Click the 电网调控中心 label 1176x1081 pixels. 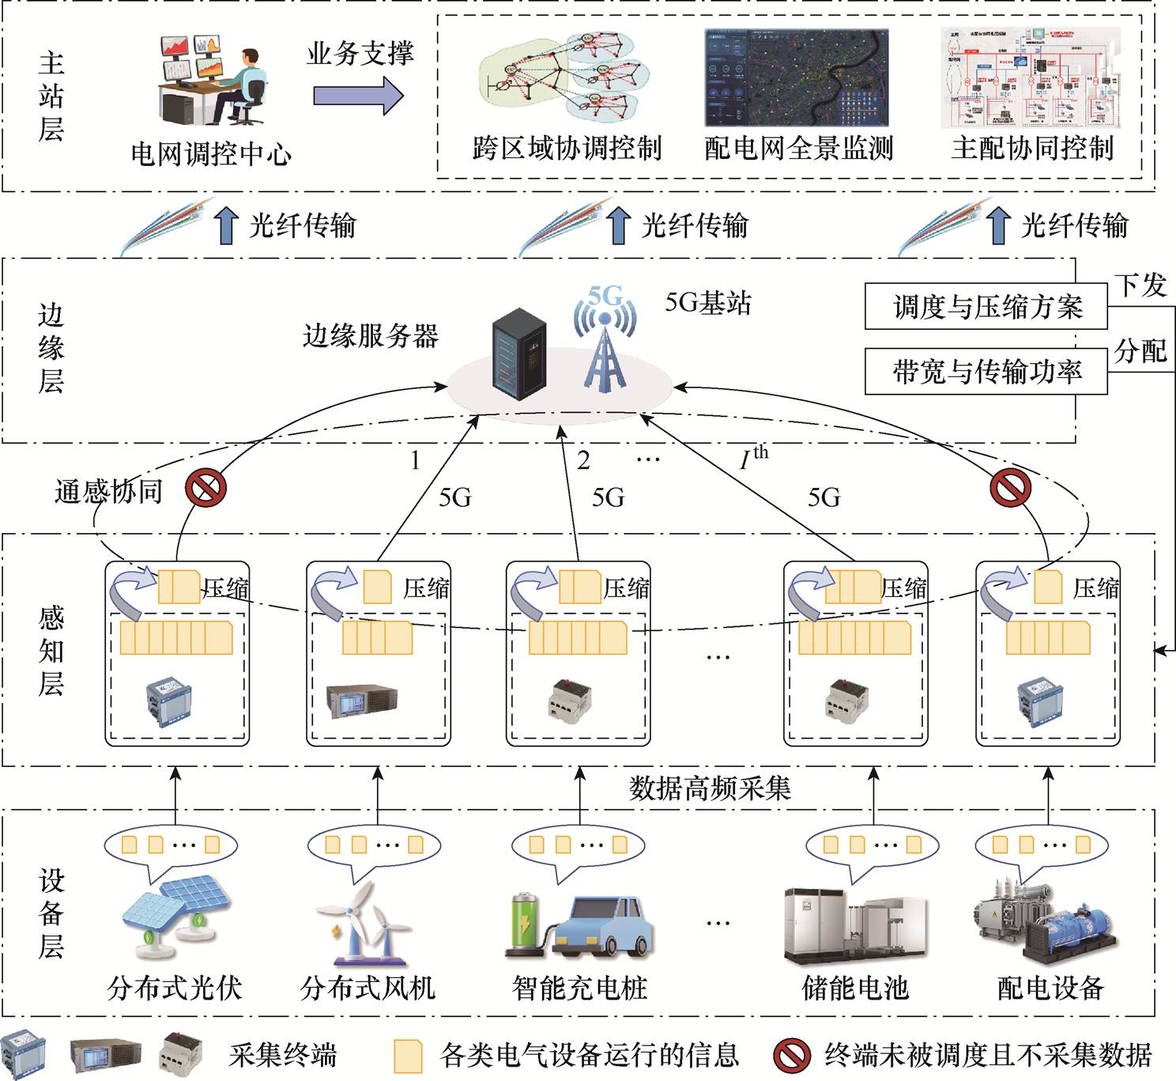click(211, 153)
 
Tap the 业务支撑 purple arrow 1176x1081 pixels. click(358, 96)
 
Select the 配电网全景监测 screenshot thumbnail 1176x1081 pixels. click(797, 78)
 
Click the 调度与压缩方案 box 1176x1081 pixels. click(986, 307)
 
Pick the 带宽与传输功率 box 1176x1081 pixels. click(986, 371)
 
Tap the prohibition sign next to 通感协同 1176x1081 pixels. click(205, 488)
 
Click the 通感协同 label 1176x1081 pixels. click(108, 491)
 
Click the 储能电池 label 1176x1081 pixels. click(855, 988)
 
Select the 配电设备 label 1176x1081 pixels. click(1050, 988)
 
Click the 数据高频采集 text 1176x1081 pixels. click(710, 788)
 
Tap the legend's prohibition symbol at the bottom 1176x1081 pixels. click(791, 1055)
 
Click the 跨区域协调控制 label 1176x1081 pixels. click(567, 148)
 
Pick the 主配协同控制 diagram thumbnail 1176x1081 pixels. click(1031, 78)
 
